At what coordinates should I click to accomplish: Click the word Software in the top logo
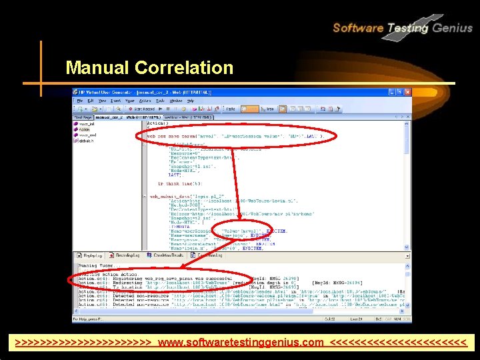358,28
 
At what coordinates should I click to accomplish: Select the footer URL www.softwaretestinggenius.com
241,343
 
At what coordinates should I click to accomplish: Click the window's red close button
408,93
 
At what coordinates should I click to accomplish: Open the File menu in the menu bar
79,100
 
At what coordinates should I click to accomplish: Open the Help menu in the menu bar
190,100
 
